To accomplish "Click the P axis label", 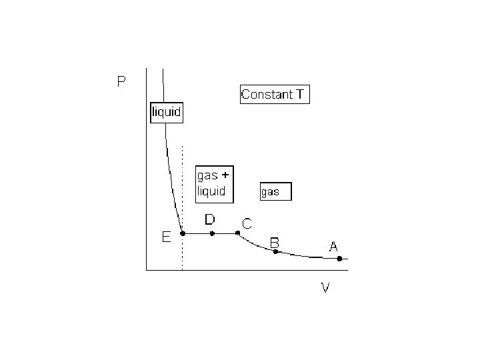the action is click(121, 83).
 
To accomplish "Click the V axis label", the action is click(325, 288).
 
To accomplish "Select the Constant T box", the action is click(274, 95).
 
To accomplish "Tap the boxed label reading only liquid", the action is click(165, 112).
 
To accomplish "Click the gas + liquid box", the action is click(213, 183).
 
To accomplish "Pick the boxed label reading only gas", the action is click(275, 192).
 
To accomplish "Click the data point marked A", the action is click(339, 259).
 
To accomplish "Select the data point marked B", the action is click(275, 251).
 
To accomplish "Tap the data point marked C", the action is click(238, 233).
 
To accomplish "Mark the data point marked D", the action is click(212, 233).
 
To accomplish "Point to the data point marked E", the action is click(183, 233).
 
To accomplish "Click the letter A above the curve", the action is click(333, 247).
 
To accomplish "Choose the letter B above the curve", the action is click(274, 241).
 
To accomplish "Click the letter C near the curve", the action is click(247, 224).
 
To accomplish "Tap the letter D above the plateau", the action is click(209, 219).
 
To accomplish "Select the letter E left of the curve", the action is click(167, 236).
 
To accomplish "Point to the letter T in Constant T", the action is click(300, 95).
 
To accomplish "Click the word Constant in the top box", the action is click(267, 95).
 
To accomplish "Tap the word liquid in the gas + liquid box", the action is click(211, 191).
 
